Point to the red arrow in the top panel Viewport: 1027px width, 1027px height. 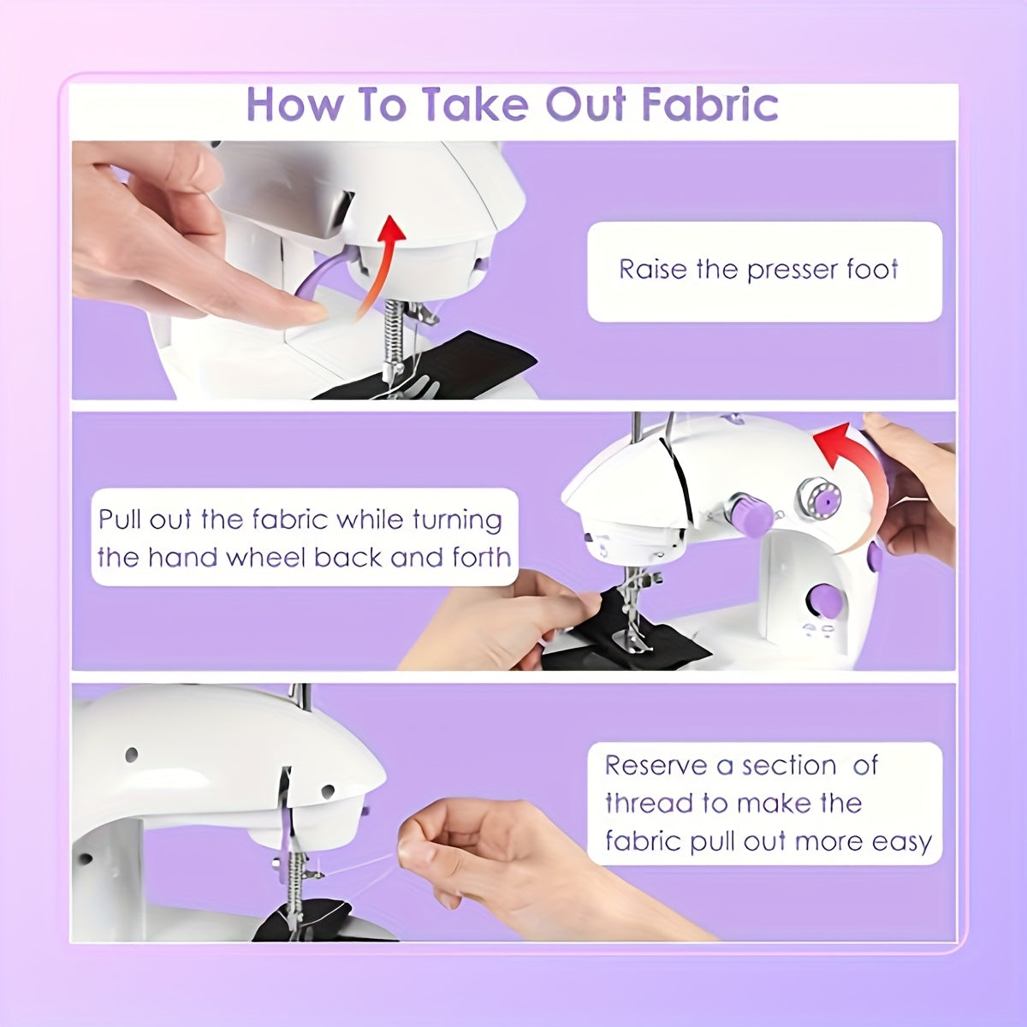pos(379,266)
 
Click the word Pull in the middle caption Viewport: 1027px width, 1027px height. pos(121,519)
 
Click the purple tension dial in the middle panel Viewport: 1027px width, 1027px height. pos(751,513)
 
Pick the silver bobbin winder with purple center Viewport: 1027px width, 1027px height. pos(819,499)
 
